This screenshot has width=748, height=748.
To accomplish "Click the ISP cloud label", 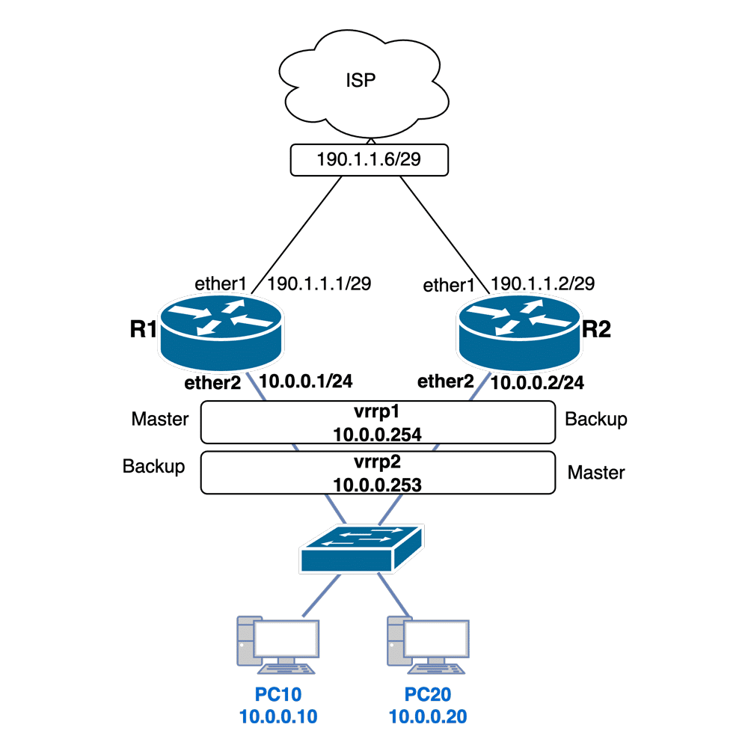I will click(x=361, y=80).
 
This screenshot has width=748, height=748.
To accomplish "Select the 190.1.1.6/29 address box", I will click(x=369, y=160).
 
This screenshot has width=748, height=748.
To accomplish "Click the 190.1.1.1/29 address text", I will click(x=319, y=284).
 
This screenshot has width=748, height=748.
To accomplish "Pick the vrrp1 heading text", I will click(x=378, y=411).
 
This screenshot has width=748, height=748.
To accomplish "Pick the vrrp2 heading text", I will click(x=378, y=462).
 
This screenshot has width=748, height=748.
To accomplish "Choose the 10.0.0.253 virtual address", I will click(x=378, y=484).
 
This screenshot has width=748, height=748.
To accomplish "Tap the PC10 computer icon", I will click(x=278, y=642).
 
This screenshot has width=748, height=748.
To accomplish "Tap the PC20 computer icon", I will click(x=428, y=642).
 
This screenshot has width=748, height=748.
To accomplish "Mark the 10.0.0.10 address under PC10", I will click(x=278, y=717).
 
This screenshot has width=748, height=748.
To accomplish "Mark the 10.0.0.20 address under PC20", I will click(x=428, y=717).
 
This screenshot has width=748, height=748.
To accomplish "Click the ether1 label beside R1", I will click(x=220, y=284).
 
